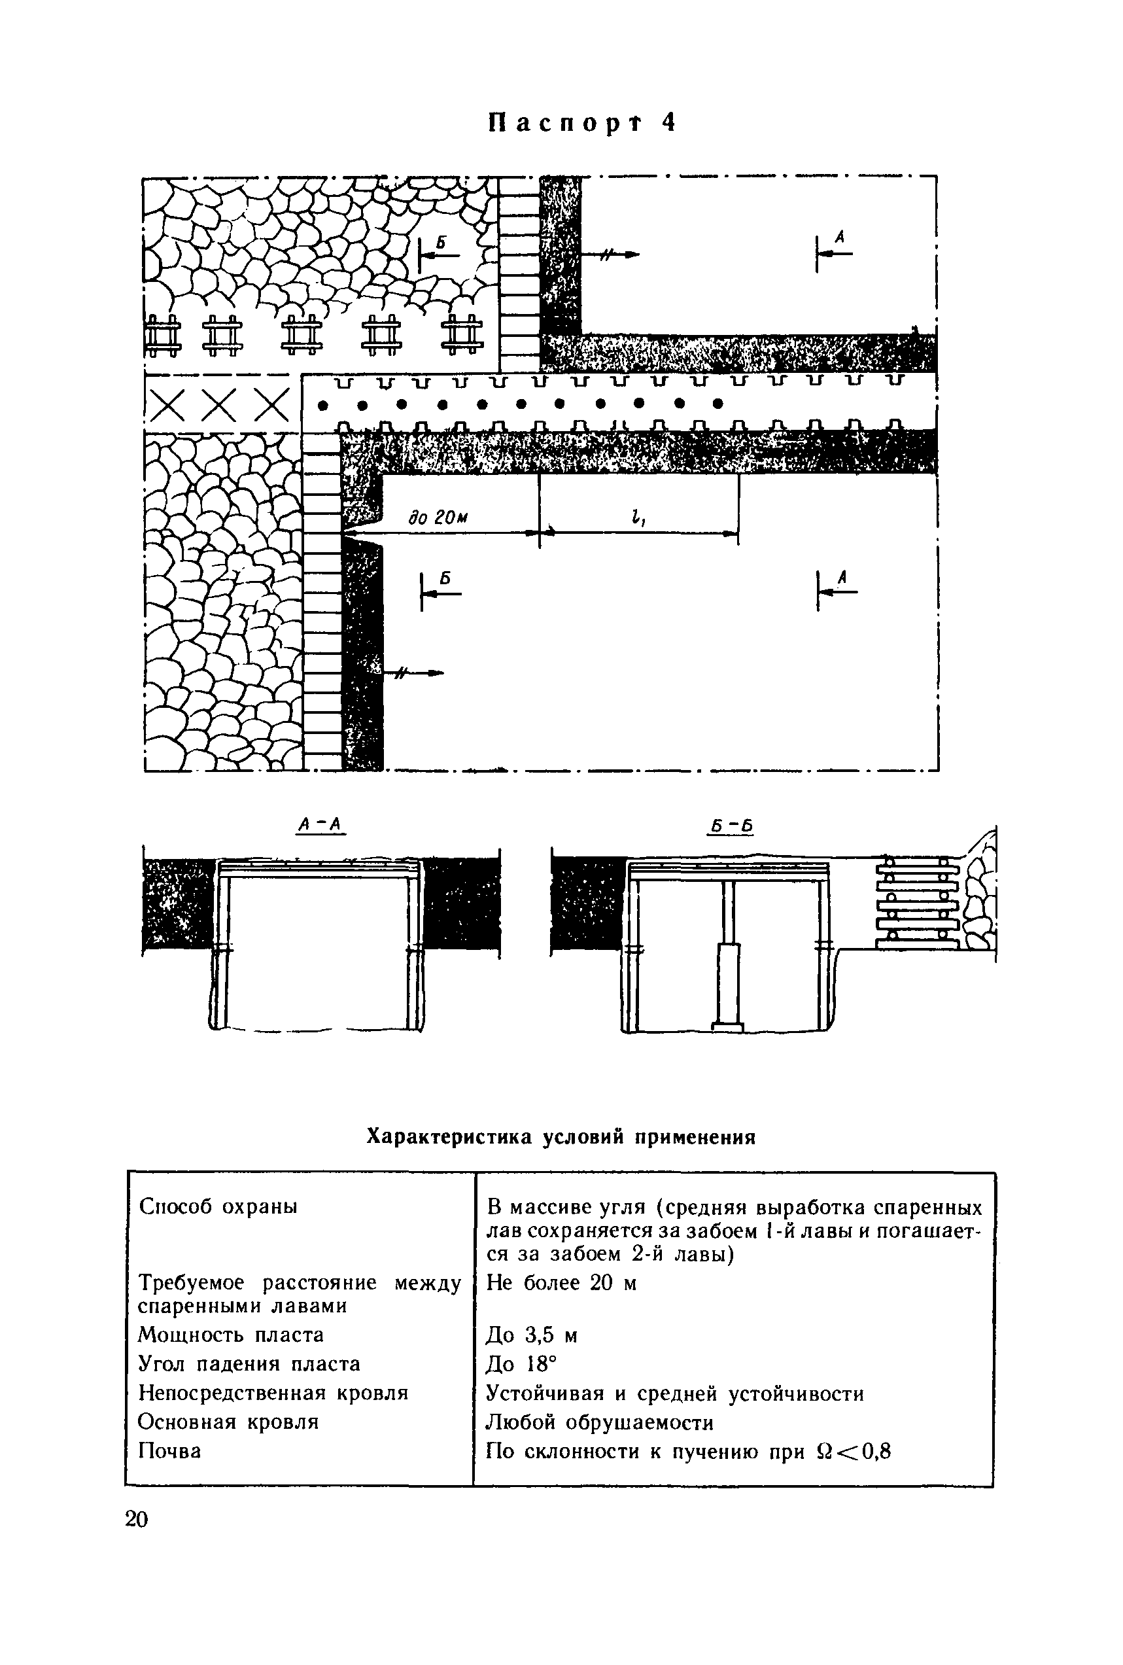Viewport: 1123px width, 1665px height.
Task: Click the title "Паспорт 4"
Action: [x=581, y=124]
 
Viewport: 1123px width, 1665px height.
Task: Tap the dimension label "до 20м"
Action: [x=438, y=518]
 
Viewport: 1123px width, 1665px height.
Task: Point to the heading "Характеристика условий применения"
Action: [x=561, y=1137]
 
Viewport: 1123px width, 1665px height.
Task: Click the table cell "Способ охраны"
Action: [x=218, y=1206]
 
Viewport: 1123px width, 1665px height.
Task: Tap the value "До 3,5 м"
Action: [x=532, y=1336]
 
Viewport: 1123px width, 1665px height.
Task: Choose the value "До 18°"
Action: [x=521, y=1364]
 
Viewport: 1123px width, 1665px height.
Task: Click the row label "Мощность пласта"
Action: [x=231, y=1335]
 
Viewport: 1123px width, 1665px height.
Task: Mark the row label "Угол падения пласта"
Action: [x=249, y=1363]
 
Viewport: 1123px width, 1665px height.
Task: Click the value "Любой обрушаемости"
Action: [x=600, y=1422]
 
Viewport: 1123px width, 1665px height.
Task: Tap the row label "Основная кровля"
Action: [x=228, y=1422]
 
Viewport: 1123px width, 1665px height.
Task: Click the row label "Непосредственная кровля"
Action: [x=273, y=1393]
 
